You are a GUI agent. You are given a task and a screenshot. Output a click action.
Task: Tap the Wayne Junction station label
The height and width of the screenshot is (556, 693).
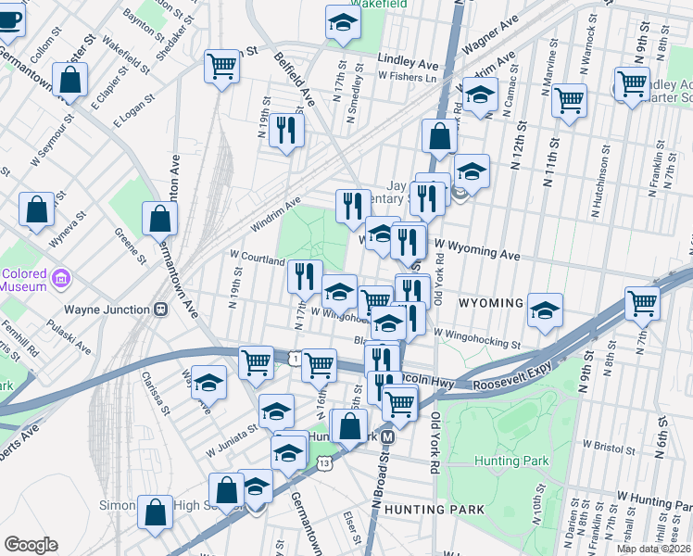coord(107,310)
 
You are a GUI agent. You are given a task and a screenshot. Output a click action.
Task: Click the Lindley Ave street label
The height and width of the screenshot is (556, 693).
coord(407,63)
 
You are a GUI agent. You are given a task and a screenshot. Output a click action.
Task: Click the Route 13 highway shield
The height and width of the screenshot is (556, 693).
coord(323,461)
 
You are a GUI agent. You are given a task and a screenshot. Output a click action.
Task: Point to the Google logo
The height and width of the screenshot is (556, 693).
coord(31,544)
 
